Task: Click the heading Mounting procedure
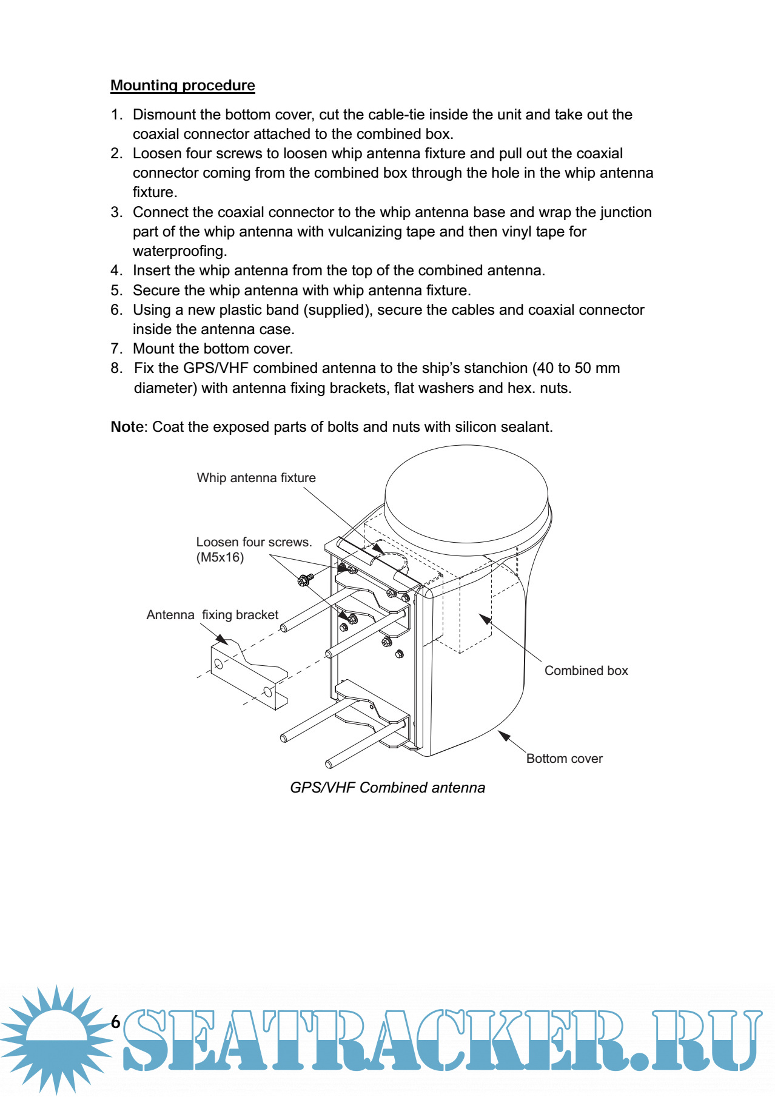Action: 183,86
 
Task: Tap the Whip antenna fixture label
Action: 256,478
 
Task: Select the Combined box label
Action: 586,671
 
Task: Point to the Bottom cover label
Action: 564,759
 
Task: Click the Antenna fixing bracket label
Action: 212,615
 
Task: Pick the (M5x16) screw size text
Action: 220,557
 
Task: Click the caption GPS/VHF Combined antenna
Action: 387,788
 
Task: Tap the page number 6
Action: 116,1022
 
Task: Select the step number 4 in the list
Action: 116,270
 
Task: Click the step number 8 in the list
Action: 116,368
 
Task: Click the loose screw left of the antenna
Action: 304,580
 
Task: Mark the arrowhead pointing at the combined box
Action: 485,619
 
